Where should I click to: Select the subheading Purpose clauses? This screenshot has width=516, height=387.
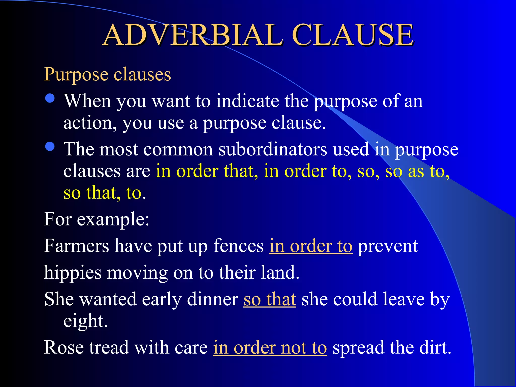point(108,74)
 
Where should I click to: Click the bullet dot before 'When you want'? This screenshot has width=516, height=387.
point(50,98)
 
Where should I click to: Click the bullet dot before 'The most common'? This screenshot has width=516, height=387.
point(50,147)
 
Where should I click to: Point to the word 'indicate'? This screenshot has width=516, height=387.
point(247,101)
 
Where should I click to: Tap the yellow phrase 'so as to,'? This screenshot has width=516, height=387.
point(417,171)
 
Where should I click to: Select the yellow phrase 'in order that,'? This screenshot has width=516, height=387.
point(207,171)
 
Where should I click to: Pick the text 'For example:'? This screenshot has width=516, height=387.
point(97,219)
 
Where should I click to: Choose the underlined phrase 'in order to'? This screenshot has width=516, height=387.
point(311,246)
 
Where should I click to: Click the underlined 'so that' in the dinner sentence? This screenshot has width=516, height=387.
point(270,299)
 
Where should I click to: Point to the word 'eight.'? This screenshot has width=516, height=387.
point(85,321)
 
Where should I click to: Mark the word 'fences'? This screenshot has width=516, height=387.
point(238,246)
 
